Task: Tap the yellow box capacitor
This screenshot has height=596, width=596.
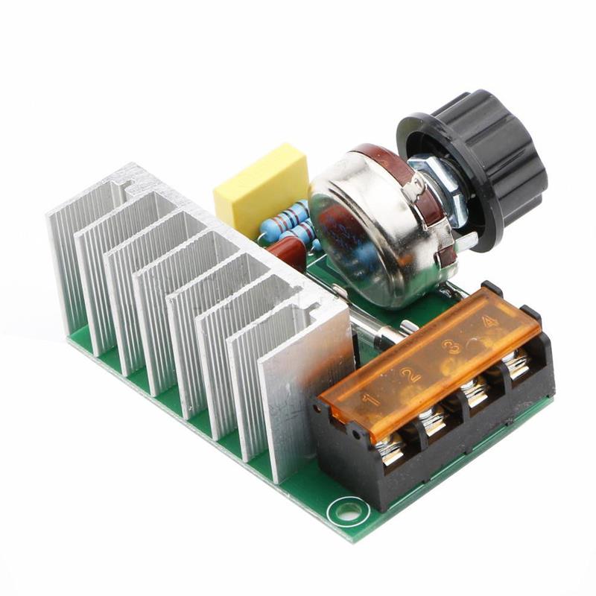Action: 261,191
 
